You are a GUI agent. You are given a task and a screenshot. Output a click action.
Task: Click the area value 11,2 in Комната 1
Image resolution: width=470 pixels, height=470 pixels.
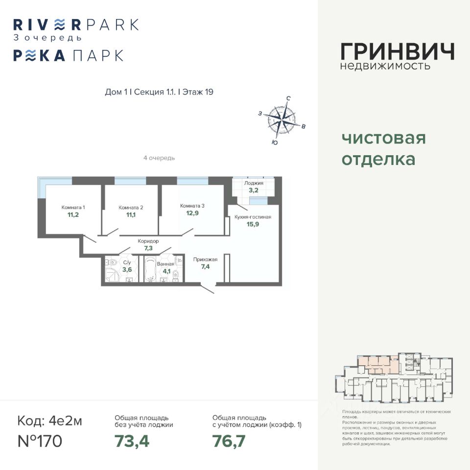tap(73, 214)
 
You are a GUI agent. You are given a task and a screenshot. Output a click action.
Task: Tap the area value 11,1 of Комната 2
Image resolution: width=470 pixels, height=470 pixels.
tap(131, 215)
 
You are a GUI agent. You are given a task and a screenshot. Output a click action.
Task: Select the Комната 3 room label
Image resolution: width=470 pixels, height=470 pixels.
tap(192, 206)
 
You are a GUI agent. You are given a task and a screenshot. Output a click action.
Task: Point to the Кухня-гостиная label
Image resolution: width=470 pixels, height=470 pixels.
tap(253, 217)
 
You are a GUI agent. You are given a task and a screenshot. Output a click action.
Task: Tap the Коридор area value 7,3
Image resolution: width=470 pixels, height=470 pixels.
tap(148, 248)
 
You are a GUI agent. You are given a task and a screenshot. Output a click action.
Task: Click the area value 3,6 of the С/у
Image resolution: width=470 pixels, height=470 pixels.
tap(127, 270)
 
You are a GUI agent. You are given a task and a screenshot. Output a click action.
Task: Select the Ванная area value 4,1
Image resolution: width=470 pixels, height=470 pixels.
tap(167, 271)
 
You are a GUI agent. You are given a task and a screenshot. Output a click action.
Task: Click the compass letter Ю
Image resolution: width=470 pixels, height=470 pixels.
tap(275, 142)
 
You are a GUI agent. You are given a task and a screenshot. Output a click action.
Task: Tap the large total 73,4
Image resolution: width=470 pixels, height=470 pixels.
tap(132, 441)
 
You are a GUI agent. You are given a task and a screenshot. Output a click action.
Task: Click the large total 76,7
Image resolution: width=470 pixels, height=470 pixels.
tap(229, 441)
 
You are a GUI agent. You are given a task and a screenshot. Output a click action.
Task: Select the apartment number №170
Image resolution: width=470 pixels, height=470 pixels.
tap(40, 441)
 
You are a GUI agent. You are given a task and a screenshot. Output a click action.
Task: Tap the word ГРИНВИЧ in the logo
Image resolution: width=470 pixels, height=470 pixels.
tap(397, 51)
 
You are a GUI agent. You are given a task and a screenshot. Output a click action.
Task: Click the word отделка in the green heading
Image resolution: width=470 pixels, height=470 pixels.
tap(378, 159)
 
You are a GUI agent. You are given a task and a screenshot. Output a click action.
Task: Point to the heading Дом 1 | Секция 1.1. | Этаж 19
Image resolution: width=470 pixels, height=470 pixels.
tap(160, 92)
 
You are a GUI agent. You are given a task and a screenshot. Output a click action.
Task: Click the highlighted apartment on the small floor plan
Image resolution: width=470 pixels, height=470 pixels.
tap(375, 364)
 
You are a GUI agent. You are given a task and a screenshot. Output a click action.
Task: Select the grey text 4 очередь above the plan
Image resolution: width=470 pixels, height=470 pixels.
tap(159, 158)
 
